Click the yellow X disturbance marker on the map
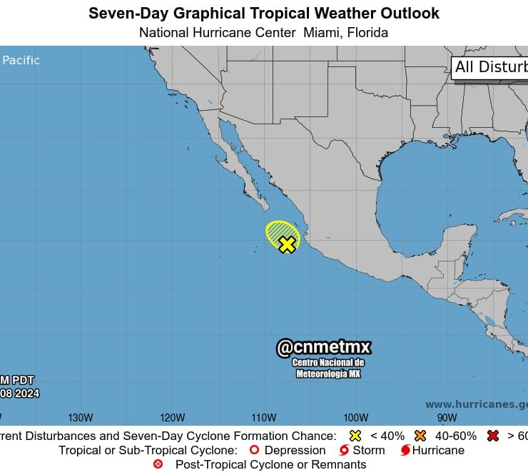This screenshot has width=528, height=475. click(287, 245)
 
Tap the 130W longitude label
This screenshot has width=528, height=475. click(81, 418)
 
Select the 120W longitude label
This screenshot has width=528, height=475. click(172, 418)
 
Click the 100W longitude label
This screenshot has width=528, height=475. click(355, 418)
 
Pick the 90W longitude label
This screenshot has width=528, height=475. click(447, 418)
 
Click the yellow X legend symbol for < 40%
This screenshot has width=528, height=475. click(355, 436)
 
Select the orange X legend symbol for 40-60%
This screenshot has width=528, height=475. click(420, 436)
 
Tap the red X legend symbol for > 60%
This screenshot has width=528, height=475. click(492, 436)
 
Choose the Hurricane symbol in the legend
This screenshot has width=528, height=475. click(405, 451)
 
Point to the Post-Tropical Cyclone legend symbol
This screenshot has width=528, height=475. click(158, 464)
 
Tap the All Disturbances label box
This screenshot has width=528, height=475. click(490, 67)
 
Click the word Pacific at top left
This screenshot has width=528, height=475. click(21, 61)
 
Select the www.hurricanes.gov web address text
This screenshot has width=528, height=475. click(476, 404)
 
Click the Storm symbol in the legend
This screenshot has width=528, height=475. click(344, 451)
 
